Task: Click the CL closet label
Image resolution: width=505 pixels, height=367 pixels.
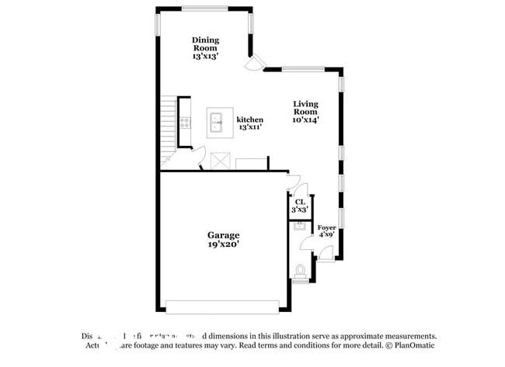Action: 300,205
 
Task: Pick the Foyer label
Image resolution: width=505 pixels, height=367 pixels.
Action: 327,231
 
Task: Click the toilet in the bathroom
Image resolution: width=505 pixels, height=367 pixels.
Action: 301,272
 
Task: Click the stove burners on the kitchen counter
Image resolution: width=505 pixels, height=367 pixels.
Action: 185,122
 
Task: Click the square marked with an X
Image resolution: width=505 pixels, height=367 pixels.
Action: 220,161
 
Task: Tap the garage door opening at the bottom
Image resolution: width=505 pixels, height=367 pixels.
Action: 222,306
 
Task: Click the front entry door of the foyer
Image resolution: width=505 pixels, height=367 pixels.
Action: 326,253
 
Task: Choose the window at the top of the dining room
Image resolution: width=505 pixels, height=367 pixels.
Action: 205,9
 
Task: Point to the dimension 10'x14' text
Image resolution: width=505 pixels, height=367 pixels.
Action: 305,119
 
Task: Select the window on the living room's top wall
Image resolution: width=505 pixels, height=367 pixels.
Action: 303,68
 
